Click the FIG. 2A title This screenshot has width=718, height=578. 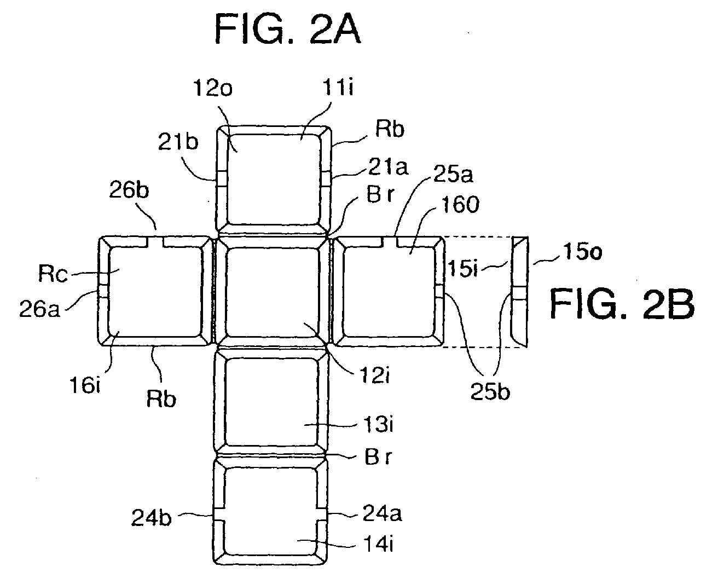[x=287, y=30]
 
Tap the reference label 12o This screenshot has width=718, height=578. [x=212, y=89]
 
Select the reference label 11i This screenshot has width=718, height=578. [x=338, y=88]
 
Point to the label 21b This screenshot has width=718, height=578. [x=178, y=142]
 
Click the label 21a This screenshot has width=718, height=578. [x=388, y=167]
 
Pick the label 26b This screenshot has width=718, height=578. [x=129, y=190]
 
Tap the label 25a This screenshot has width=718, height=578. [x=453, y=174]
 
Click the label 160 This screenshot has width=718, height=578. [x=460, y=204]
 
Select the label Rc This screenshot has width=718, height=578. [x=53, y=273]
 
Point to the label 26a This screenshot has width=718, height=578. [x=40, y=309]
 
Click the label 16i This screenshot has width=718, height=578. [x=85, y=385]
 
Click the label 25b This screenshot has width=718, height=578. [x=490, y=391]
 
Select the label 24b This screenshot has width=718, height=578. [x=152, y=518]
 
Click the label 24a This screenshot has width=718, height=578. [x=382, y=513]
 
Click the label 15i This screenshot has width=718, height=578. [x=463, y=268]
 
